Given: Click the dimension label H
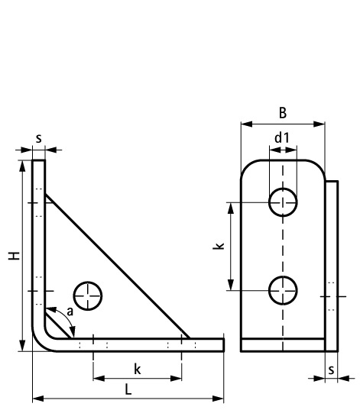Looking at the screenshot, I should pyautogui.click(x=14, y=257).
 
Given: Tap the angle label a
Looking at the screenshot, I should pyautogui.click(x=70, y=312).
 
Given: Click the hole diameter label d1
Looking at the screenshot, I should pyautogui.click(x=282, y=137).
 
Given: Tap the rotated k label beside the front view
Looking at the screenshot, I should pyautogui.click(x=218, y=247).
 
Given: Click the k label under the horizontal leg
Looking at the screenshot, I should pyautogui.click(x=137, y=369).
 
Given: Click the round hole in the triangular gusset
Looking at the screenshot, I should pyautogui.click(x=89, y=294).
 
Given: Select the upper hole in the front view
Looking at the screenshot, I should pyautogui.click(x=283, y=202).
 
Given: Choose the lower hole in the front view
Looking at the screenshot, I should pyautogui.click(x=283, y=289).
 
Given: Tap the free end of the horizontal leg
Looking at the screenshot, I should pyautogui.click(x=224, y=344).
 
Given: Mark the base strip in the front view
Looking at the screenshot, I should pyautogui.click(x=283, y=345).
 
